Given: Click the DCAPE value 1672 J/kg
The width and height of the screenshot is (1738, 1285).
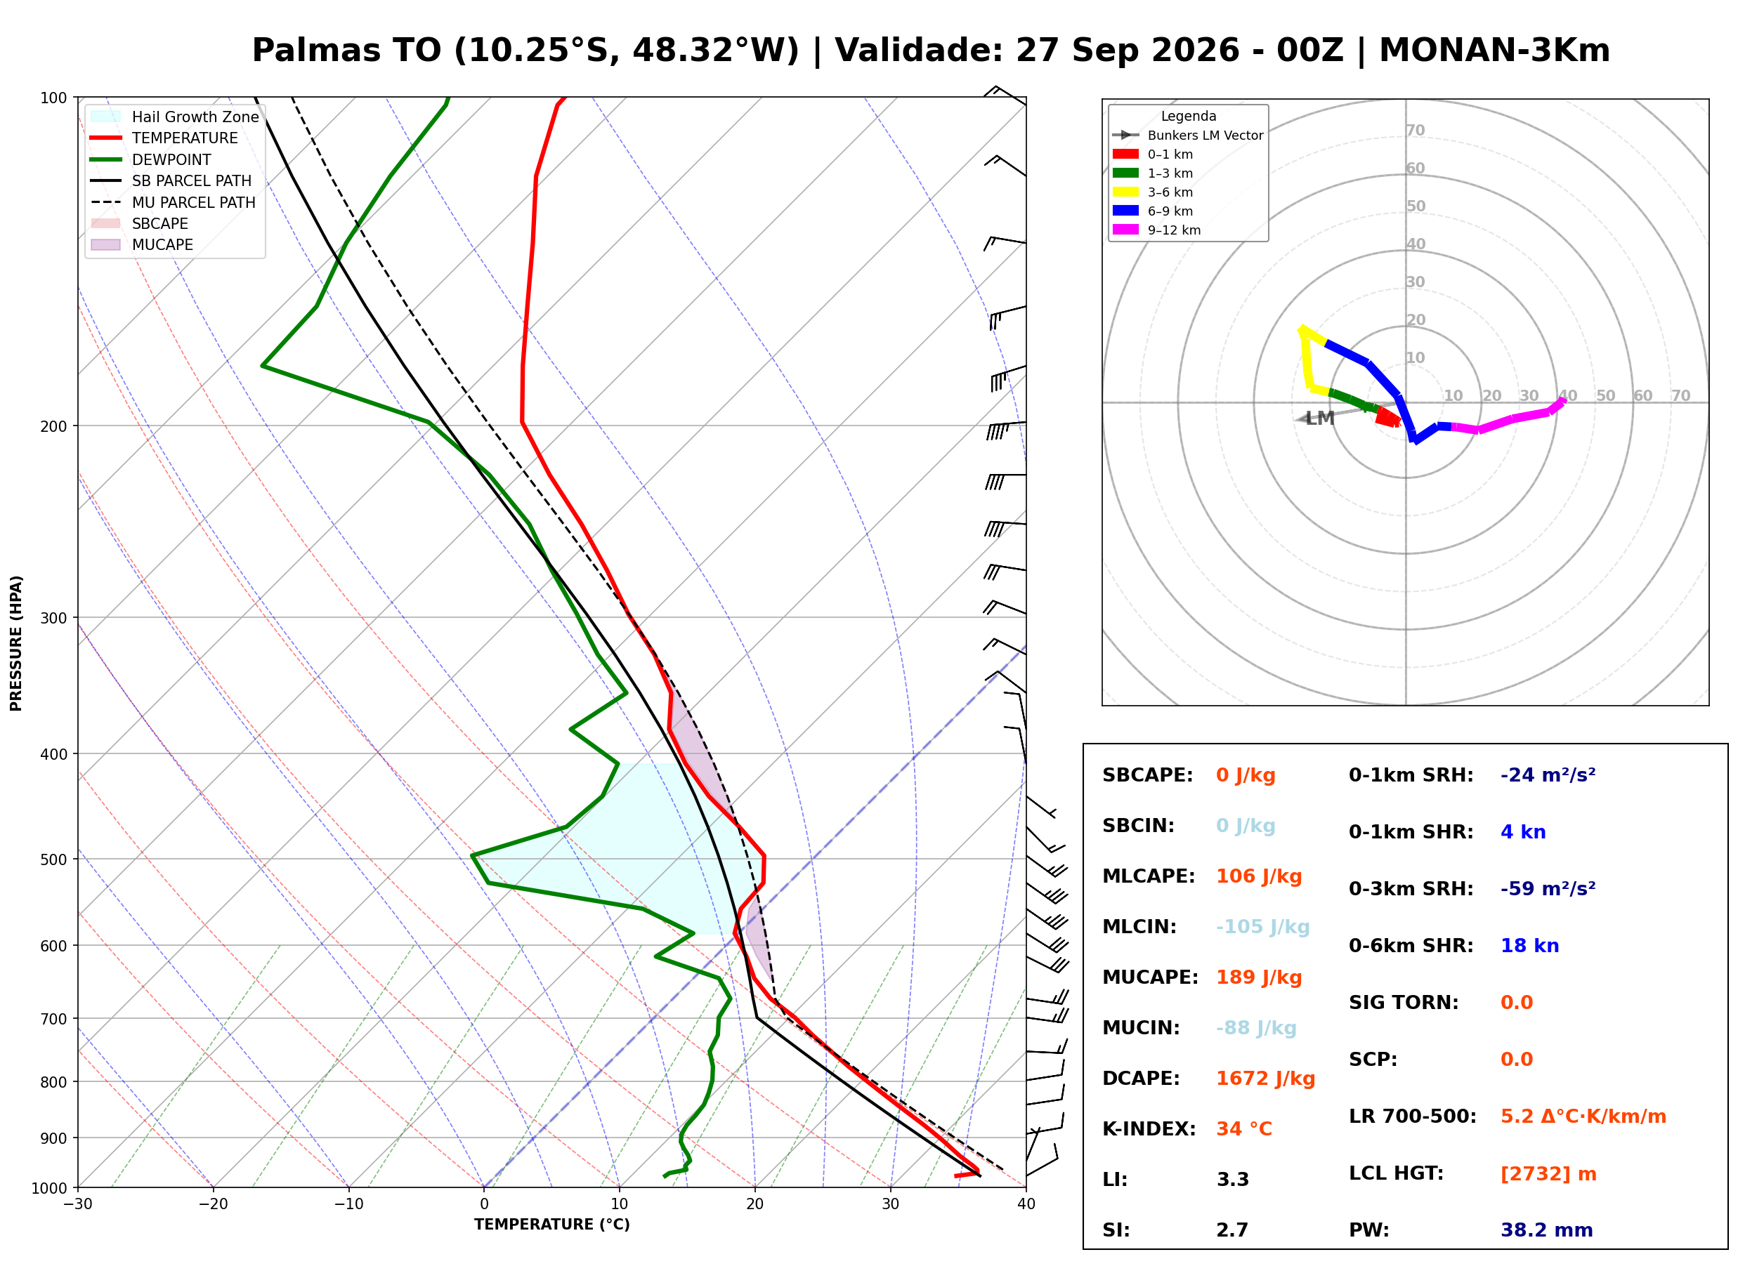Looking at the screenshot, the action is (x=1265, y=1078).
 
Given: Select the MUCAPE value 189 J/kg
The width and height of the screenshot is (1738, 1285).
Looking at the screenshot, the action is (x=1259, y=977).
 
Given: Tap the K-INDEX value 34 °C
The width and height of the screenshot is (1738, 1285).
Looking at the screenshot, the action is (x=1244, y=1128).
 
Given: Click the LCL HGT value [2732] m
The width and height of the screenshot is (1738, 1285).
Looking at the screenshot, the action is (x=1548, y=1174).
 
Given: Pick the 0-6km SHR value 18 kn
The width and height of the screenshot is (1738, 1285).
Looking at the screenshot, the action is (x=1529, y=946).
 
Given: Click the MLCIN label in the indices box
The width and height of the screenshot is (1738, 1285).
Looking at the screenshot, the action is (x=1139, y=926).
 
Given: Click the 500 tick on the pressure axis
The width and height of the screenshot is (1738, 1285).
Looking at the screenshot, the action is (x=55, y=859).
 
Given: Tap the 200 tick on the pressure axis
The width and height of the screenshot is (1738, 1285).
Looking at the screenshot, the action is (x=55, y=426).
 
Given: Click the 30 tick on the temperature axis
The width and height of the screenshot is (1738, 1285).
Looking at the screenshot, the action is (x=891, y=1204).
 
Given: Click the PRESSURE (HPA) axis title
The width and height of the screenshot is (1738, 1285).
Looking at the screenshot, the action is (x=16, y=643).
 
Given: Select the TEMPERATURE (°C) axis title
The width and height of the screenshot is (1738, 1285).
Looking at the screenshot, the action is (x=552, y=1225).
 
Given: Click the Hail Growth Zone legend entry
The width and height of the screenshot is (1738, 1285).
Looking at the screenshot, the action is (x=175, y=117).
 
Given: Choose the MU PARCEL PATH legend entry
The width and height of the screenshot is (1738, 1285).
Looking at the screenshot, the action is (x=174, y=202).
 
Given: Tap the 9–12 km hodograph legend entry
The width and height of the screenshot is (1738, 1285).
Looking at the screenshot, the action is (x=1157, y=230).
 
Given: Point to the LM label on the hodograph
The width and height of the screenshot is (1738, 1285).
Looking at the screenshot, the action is (x=1320, y=419).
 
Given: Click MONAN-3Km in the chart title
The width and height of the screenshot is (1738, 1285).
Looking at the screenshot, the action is (x=1494, y=51).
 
